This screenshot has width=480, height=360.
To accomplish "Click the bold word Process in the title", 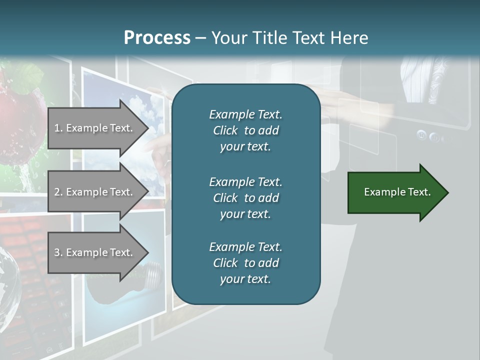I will [x=157, y=37].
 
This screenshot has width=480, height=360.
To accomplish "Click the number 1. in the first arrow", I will [x=58, y=128].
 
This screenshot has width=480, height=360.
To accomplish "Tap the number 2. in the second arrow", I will [x=58, y=192].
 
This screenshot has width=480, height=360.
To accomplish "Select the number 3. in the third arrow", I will [x=58, y=252].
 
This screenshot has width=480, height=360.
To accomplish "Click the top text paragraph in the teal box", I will [x=245, y=130].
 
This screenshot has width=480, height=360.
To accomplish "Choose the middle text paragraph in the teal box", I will [x=245, y=198].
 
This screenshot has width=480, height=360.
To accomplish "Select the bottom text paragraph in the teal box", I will [x=245, y=263].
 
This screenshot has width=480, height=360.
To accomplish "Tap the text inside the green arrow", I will [x=397, y=192].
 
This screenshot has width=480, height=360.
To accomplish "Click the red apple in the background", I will [x=20, y=115].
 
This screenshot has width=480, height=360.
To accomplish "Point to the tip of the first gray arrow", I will [x=147, y=128].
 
